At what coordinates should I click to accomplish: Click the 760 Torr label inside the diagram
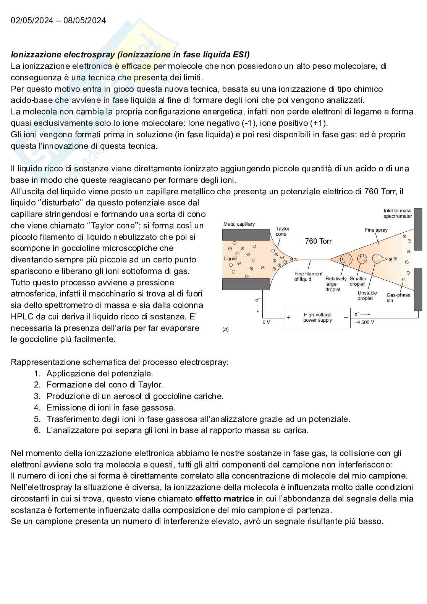(318, 241)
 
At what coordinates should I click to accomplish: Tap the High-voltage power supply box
(317, 317)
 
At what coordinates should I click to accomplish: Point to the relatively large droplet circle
(346, 259)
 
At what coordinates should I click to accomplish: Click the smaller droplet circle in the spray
(362, 259)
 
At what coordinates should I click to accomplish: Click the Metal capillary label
(239, 224)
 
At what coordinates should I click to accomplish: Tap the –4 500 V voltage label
(364, 322)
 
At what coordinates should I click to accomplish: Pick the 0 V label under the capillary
(266, 322)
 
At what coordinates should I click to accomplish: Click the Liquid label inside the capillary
(230, 259)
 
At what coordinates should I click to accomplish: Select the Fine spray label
(376, 230)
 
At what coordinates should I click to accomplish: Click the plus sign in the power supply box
(289, 317)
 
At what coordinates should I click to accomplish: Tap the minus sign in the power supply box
(346, 317)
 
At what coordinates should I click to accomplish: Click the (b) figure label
(225, 329)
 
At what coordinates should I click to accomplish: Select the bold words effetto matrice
(225, 499)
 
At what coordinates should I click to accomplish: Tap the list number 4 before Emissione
(37, 408)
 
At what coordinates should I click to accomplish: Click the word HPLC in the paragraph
(23, 317)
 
